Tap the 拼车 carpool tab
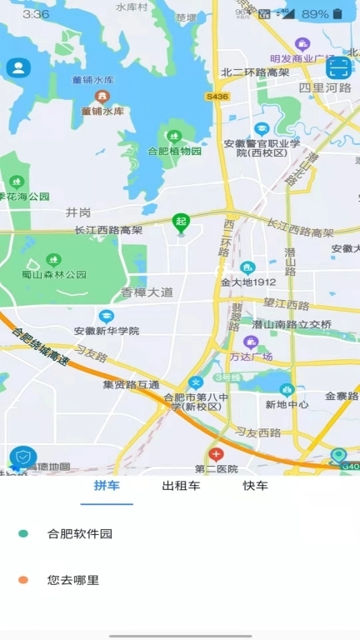point(106,486)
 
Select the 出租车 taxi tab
point(181,486)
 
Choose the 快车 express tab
point(255,486)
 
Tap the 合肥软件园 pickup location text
point(80,534)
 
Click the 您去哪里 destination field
point(73,580)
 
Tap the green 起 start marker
point(180,222)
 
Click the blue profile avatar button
point(17,68)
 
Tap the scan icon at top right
point(337,67)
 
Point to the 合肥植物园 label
point(175,152)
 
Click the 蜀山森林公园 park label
point(54,274)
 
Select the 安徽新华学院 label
point(106,330)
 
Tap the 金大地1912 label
point(247,282)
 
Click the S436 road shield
point(217,97)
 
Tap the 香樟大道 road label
point(147,292)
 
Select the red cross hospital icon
point(216,455)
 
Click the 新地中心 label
point(287,404)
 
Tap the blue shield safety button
point(22,457)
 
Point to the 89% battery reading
point(315,14)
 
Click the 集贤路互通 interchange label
point(131,385)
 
